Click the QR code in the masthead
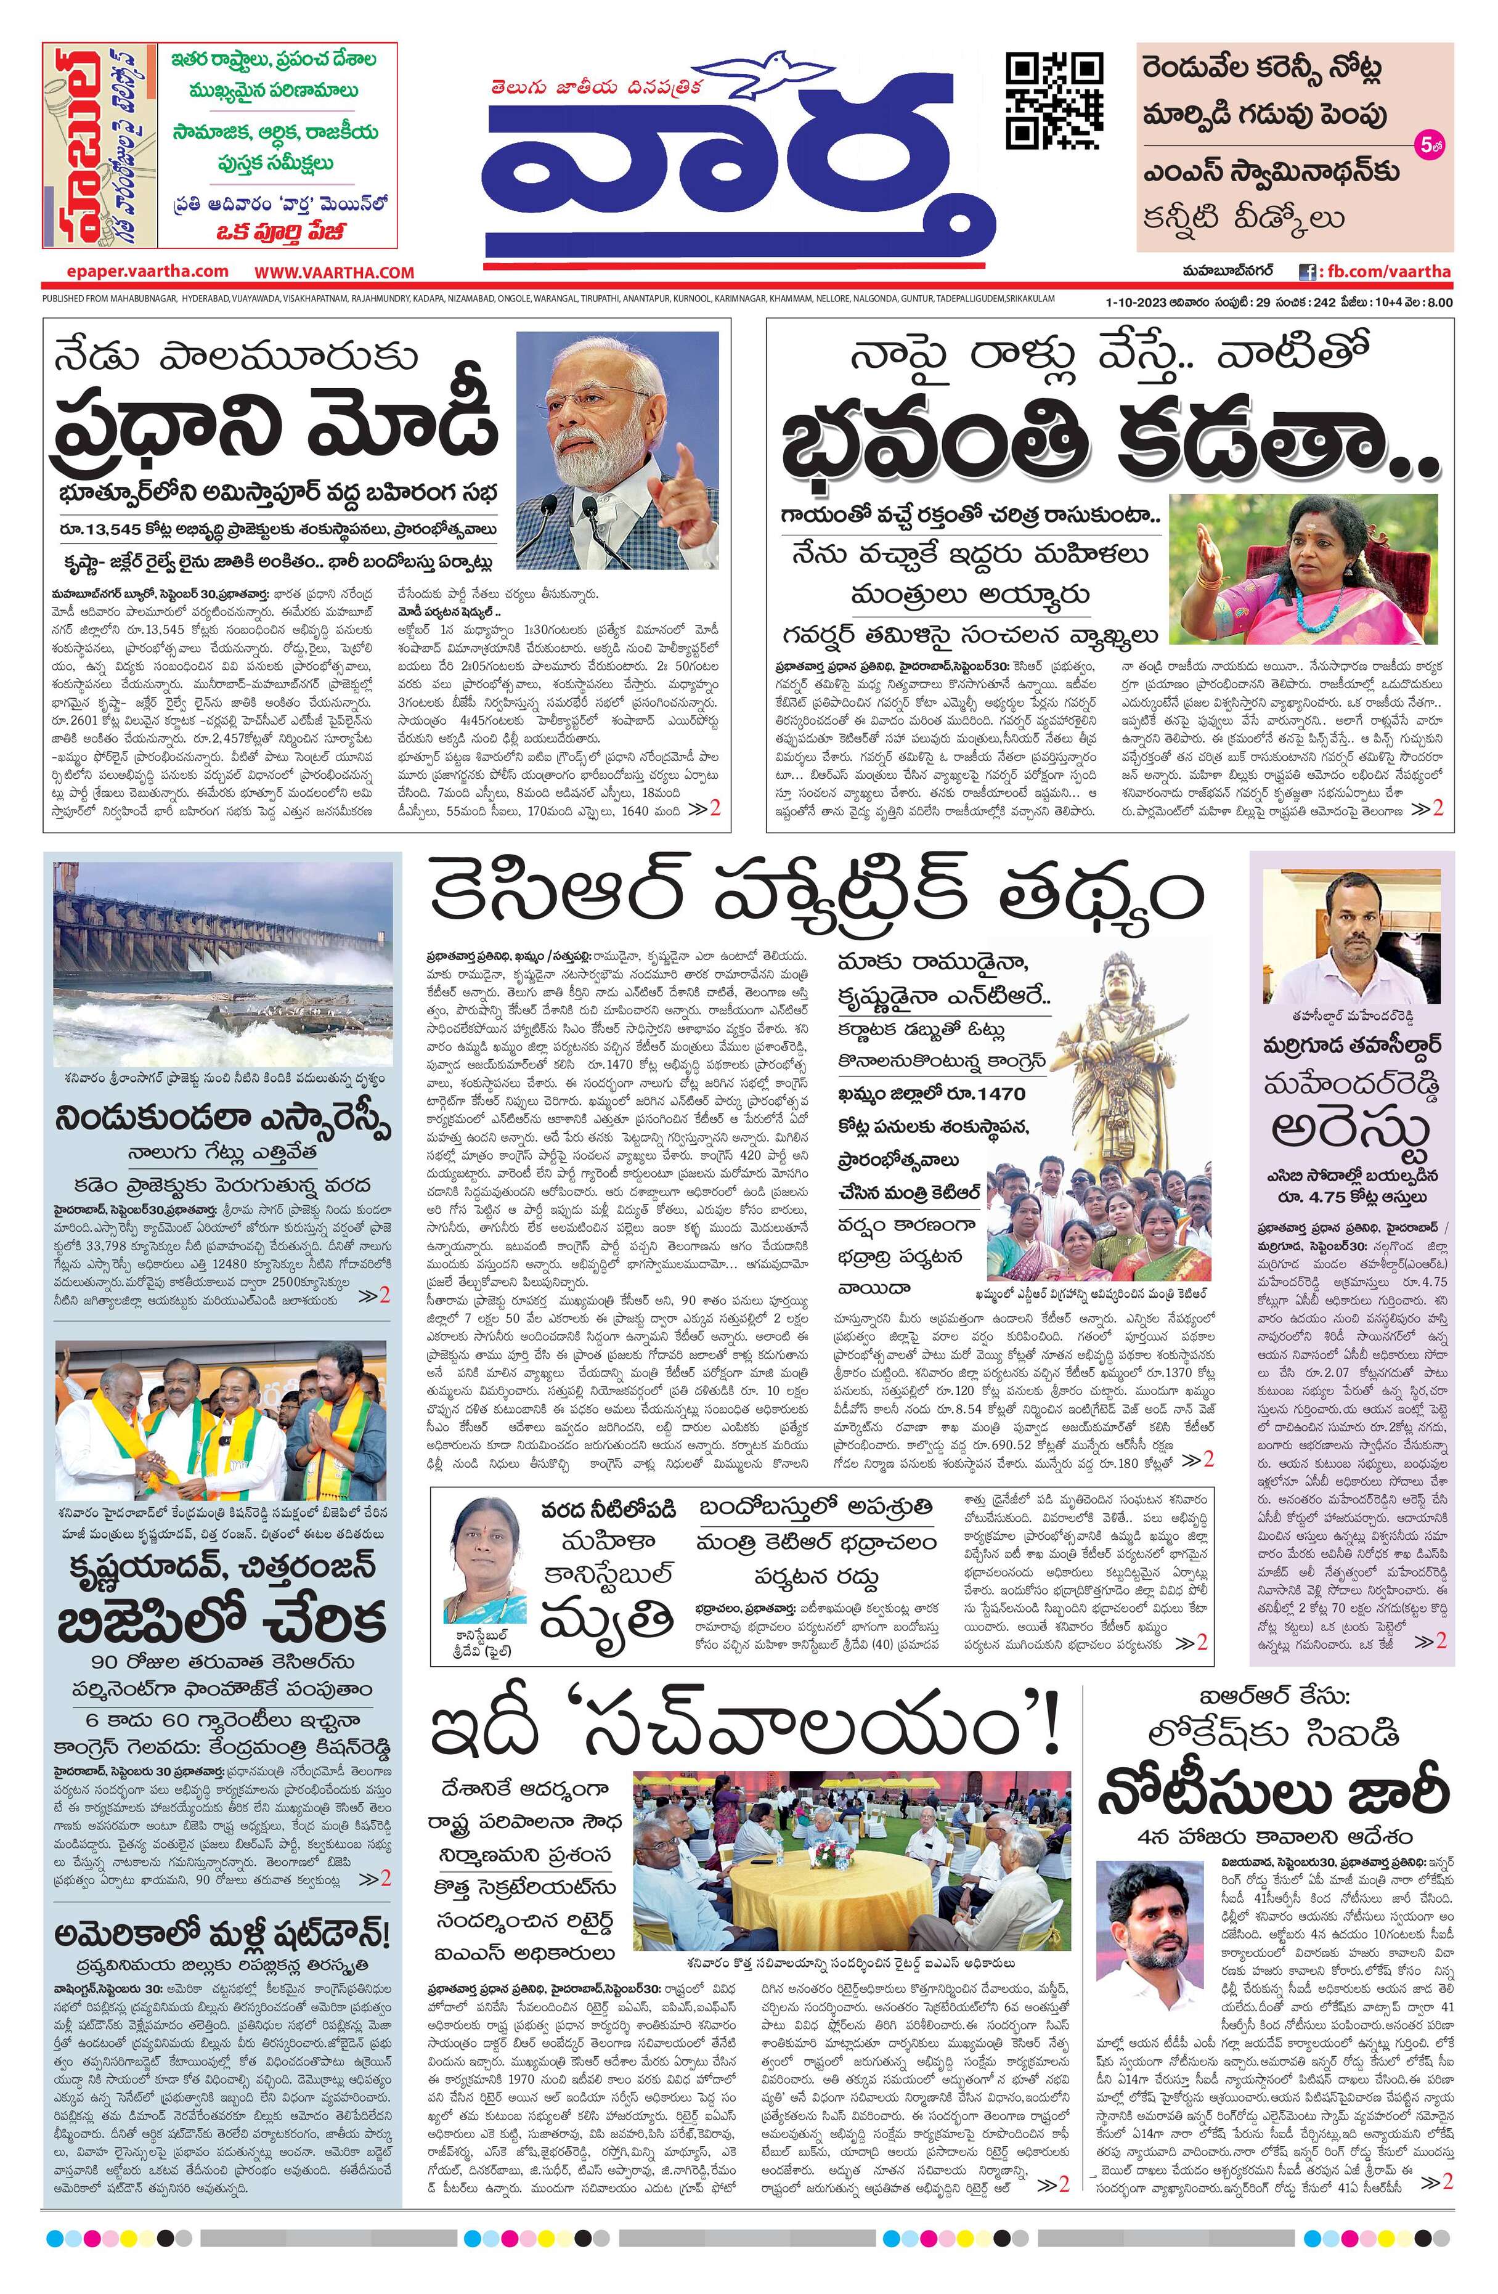(x=1054, y=100)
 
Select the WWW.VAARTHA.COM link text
(x=335, y=273)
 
